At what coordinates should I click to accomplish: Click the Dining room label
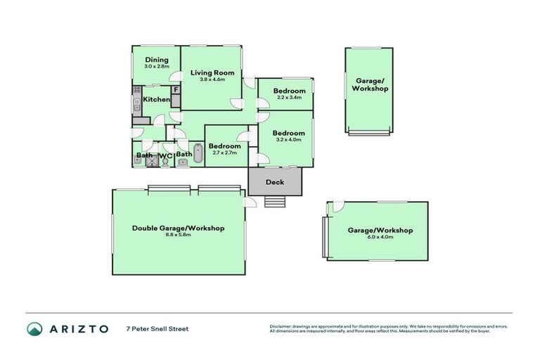pos(157,60)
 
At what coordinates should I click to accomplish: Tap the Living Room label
pos(212,72)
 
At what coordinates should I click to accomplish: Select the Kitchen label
pos(156,100)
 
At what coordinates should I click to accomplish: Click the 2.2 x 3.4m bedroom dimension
pos(289,98)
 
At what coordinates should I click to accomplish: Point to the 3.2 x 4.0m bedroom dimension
pos(289,140)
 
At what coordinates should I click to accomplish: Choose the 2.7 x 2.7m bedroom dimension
pos(224,153)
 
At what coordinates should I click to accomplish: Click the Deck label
pos(275,182)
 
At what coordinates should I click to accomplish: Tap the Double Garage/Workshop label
pos(178,228)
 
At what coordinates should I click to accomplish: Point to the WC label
pos(165,155)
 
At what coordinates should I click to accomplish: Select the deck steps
pos(275,202)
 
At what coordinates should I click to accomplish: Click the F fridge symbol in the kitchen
pos(176,90)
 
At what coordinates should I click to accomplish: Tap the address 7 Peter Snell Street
pos(157,328)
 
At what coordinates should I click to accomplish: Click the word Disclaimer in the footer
pos(281,326)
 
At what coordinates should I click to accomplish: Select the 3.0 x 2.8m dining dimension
pos(157,66)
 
